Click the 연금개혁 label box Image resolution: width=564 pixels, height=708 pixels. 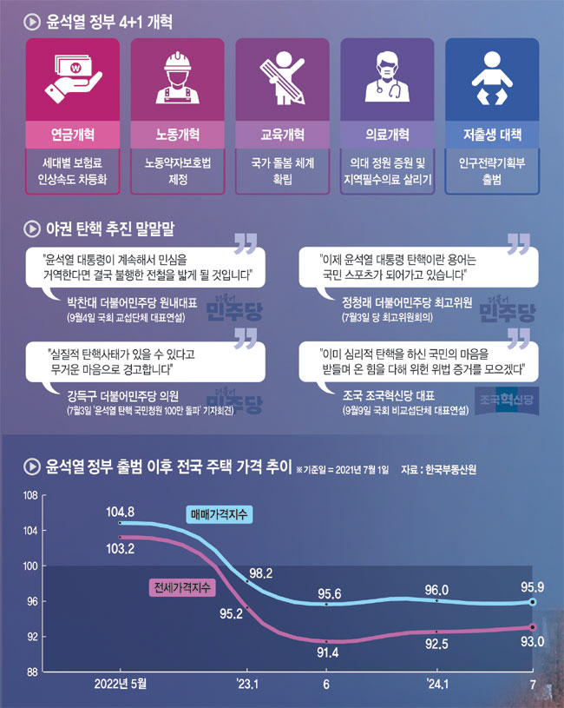click(73, 136)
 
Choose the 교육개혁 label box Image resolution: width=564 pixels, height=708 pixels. click(282, 136)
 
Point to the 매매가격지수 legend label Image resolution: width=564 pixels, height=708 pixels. click(218, 515)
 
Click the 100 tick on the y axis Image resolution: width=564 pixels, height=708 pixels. click(28, 566)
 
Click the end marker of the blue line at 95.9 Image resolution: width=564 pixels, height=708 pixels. click(533, 602)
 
